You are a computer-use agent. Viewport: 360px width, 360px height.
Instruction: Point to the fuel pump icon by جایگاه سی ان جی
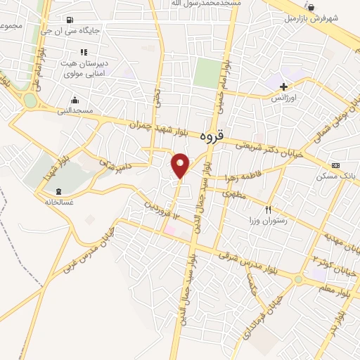(x=70, y=20)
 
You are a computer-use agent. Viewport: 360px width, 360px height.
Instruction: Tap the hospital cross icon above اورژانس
(x=283, y=86)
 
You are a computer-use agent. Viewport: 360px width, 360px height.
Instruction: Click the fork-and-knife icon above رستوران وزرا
(x=267, y=210)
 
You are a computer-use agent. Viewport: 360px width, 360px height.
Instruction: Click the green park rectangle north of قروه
(x=207, y=72)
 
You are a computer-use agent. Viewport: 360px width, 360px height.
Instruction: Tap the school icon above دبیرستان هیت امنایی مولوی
(x=84, y=52)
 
